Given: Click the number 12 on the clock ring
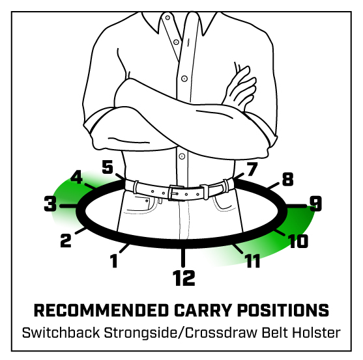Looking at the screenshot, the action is click(184, 278).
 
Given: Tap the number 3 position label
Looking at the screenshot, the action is click(50, 204).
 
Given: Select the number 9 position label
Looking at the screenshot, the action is click(316, 204).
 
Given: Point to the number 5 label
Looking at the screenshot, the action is click(108, 167).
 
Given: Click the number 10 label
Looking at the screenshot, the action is click(298, 241).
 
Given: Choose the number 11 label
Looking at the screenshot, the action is click(253, 260).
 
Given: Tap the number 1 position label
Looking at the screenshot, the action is click(113, 260).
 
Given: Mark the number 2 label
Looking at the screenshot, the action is click(66, 240).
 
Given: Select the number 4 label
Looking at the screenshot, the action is click(77, 177).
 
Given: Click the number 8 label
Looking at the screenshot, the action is click(288, 179).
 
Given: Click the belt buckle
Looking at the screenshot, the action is click(177, 193).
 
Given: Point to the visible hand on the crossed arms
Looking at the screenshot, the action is click(240, 87).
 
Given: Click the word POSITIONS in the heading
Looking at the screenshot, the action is click(283, 311).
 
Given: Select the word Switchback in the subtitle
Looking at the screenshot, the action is click(61, 333).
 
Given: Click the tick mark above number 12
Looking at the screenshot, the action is click(183, 258).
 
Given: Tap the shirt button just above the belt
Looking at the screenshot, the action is click(182, 156).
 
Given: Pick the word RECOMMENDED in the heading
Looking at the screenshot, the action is click(101, 311).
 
